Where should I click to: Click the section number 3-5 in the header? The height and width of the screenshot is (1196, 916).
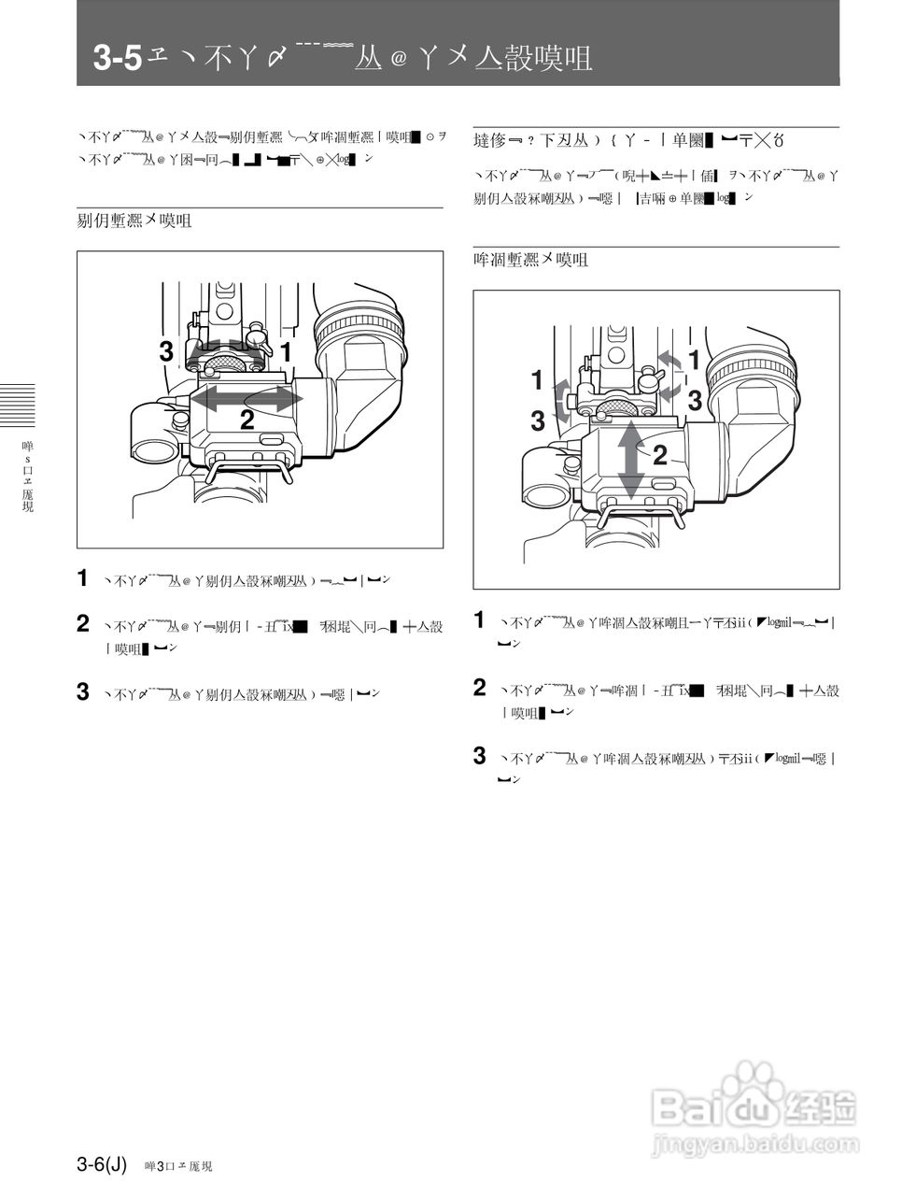coord(117,59)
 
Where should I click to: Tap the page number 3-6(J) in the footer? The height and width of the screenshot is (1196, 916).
coord(102,1164)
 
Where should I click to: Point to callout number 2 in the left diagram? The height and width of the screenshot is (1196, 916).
coord(247,420)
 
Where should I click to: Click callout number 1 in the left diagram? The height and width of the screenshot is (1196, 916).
coord(287,352)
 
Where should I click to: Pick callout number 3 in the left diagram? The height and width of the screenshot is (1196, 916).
coord(166,352)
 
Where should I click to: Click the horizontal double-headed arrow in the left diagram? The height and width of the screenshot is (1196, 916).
coord(247,398)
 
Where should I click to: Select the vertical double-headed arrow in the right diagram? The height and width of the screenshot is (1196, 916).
coord(632,459)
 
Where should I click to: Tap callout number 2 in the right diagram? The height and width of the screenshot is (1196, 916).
coord(659,456)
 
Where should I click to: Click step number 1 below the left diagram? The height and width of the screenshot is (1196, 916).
coord(83,578)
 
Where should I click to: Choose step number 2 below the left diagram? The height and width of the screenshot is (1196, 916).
coord(83,624)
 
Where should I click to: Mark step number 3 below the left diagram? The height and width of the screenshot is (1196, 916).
coord(83,692)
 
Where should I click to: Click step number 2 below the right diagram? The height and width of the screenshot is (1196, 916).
coord(480,689)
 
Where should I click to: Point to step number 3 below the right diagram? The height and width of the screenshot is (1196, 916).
coord(480,756)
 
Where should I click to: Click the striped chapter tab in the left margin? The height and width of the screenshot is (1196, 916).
coord(17,406)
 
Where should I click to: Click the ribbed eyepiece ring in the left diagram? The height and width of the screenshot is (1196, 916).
coord(361,326)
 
